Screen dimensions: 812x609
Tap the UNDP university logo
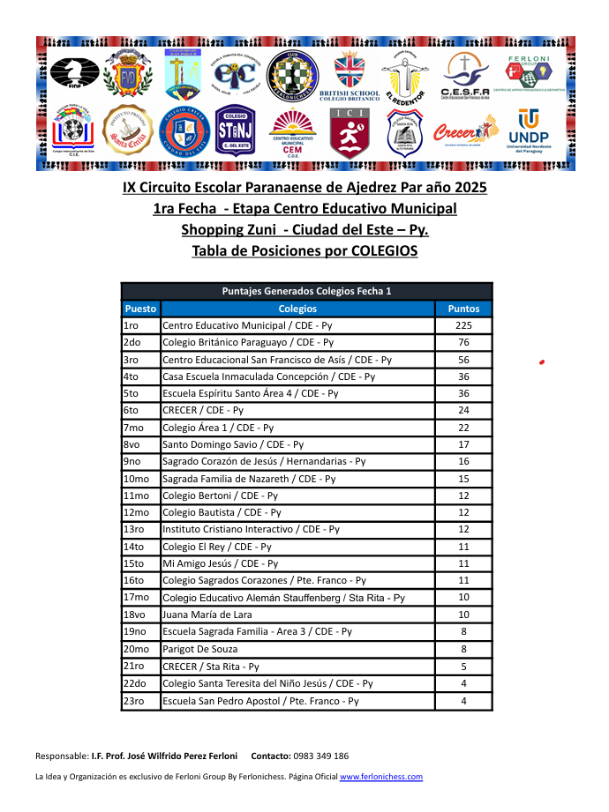528,130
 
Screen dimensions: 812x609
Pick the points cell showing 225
463,325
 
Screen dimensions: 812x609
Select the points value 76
463,342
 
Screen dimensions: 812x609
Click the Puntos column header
463,309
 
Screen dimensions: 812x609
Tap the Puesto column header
140,309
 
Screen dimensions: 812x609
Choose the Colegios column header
297,309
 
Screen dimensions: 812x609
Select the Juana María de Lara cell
207,615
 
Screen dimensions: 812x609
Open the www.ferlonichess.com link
380,777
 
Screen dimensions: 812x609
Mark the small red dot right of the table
541,361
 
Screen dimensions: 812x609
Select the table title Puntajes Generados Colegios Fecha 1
306,291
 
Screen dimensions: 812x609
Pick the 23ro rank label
134,701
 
